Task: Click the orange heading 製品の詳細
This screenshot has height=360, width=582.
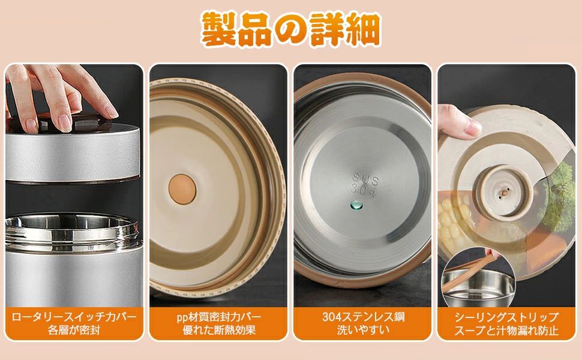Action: click(291, 29)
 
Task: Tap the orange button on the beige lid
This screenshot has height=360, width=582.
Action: click(182, 189)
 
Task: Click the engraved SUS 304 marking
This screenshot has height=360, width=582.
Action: click(365, 185)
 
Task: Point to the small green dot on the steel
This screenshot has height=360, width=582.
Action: click(356, 205)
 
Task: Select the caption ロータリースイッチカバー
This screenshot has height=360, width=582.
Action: click(74, 317)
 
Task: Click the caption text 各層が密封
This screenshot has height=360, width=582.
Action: click(74, 329)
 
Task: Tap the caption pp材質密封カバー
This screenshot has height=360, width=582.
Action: click(218, 317)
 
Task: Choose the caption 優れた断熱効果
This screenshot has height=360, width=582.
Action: click(218, 329)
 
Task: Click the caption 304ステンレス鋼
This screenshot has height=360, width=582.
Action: click(363, 317)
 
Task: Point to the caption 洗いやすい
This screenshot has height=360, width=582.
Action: click(363, 329)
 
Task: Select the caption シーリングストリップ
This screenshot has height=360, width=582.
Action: click(506, 317)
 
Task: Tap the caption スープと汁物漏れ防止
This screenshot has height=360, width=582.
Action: click(506, 329)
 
